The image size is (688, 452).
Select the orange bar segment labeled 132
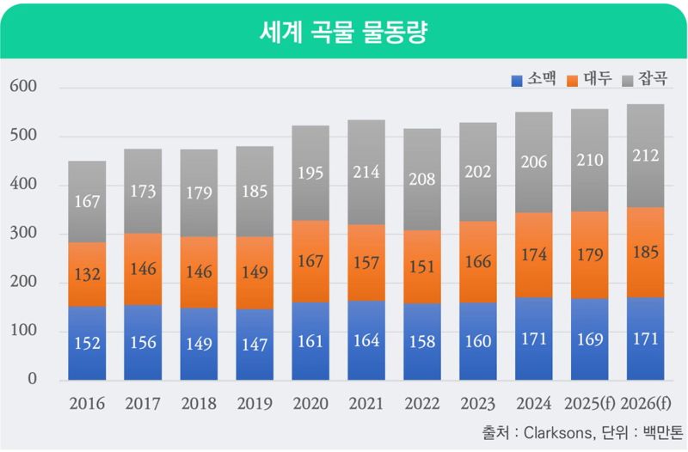tap(87, 274)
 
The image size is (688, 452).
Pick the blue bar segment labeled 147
tap(255, 345)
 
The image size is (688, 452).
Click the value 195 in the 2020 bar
tap(310, 173)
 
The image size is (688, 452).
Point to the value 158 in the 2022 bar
tap(421, 342)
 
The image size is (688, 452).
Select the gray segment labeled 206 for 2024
tap(533, 162)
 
